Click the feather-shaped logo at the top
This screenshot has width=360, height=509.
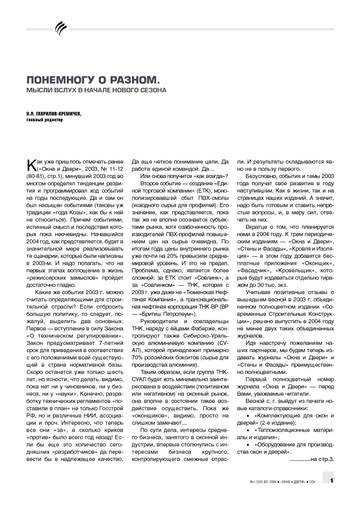click(61, 29)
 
